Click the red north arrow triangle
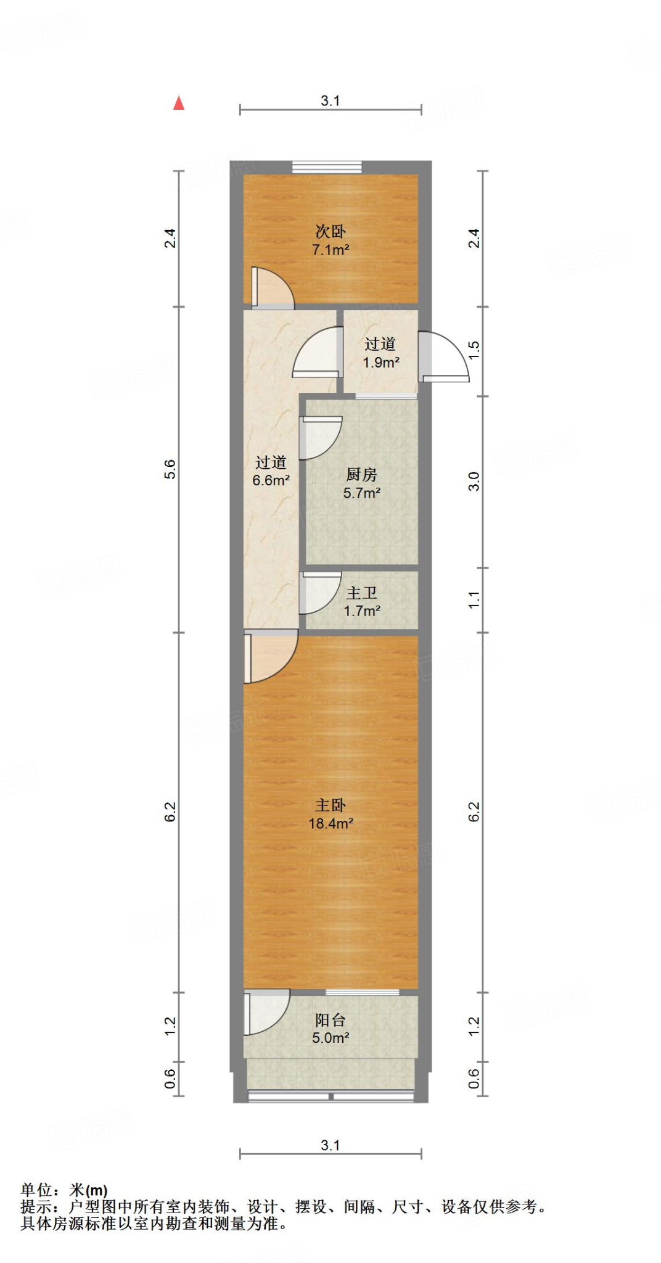pyautogui.click(x=179, y=103)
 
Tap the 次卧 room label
pyautogui.click(x=330, y=231)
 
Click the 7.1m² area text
pyautogui.click(x=330, y=250)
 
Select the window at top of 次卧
pyautogui.click(x=327, y=167)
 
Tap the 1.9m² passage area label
pyautogui.click(x=381, y=363)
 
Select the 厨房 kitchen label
pyautogui.click(x=361, y=474)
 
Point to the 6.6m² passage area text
pyautogui.click(x=271, y=480)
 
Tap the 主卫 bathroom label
pyautogui.click(x=361, y=593)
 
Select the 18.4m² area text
pyautogui.click(x=330, y=823)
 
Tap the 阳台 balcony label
pyautogui.click(x=330, y=1020)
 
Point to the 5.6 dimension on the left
pyautogui.click(x=170, y=469)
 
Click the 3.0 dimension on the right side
pyautogui.click(x=474, y=481)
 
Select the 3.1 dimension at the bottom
pyautogui.click(x=330, y=1145)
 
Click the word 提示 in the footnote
pyautogui.click(x=36, y=1207)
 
